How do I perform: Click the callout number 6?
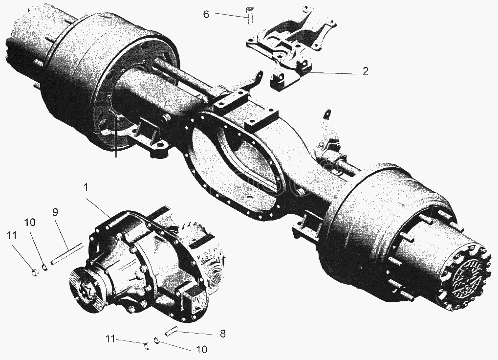click(x=206, y=15)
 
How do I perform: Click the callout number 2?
click(x=366, y=71)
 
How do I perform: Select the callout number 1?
click(x=86, y=188)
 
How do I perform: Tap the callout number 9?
click(x=55, y=213)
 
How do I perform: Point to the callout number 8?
click(x=223, y=334)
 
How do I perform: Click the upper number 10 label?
click(x=30, y=222)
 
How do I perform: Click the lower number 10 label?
click(x=201, y=350)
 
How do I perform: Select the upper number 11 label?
click(x=11, y=235)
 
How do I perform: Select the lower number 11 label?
click(x=110, y=339)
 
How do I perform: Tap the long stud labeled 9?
click(x=67, y=253)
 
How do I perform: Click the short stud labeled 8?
click(x=171, y=332)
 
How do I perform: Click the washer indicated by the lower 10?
click(x=156, y=340)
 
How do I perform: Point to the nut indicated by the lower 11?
click(x=147, y=345)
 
